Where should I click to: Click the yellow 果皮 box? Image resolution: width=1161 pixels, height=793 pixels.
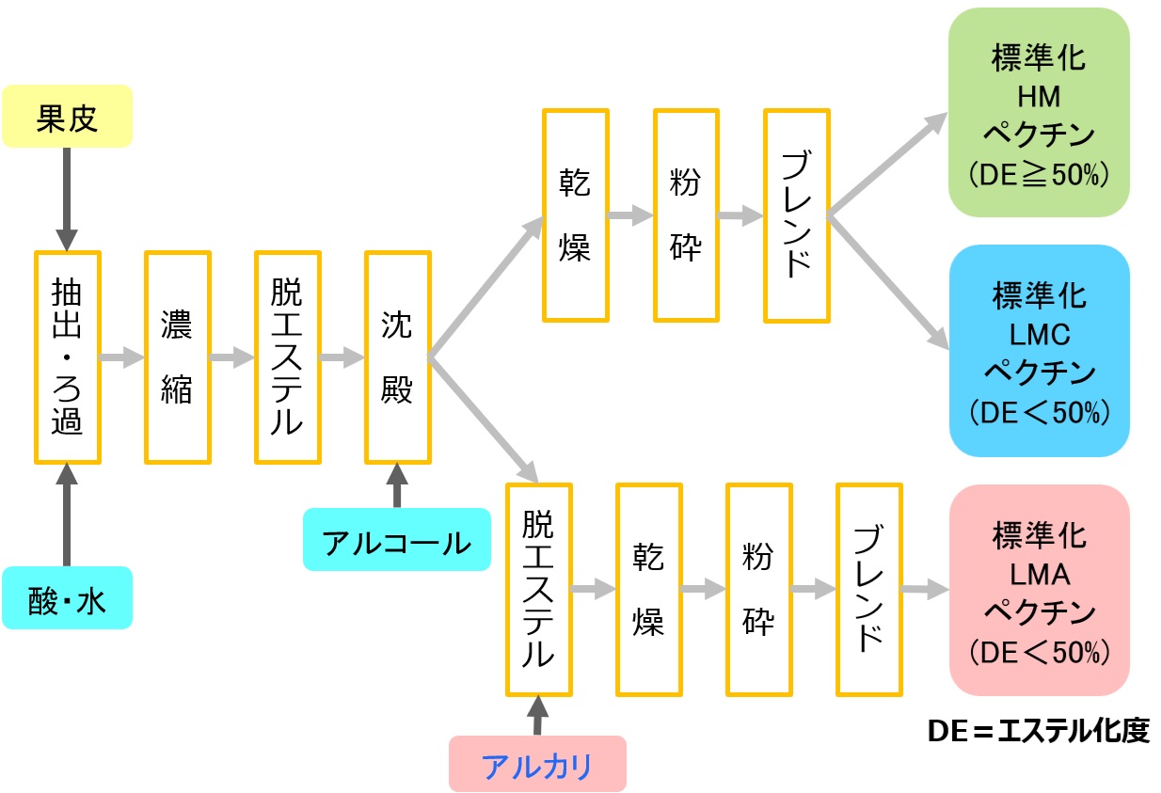coord(68,117)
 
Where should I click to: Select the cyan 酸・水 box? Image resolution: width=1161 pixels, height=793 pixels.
coord(68,598)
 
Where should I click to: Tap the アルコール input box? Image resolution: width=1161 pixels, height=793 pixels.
coord(396,540)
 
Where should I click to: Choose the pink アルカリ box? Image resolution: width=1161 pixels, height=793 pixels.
coord(537,764)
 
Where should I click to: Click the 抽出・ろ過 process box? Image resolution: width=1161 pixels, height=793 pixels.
coord(68,357)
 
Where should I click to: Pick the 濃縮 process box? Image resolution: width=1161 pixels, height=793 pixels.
coord(177,357)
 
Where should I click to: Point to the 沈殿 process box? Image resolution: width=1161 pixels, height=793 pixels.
coord(397,357)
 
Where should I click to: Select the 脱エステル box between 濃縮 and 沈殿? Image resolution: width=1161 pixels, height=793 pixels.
coord(286,357)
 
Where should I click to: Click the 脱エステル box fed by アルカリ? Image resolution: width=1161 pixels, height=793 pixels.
coord(538,590)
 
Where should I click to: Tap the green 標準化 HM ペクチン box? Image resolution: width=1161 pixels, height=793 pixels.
coord(1039,113)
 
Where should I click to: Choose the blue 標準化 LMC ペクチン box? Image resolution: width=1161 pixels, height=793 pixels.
coord(1039,350)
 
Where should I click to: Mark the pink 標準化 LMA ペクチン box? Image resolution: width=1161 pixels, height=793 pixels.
coord(1039,590)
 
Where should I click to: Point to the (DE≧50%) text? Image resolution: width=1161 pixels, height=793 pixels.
coord(1039,175)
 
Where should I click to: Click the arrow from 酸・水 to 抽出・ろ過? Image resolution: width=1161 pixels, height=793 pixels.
coord(67,513)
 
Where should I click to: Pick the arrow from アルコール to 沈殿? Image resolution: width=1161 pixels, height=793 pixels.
coord(396,485)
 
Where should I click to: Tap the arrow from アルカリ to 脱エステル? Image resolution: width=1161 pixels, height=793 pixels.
coord(537,715)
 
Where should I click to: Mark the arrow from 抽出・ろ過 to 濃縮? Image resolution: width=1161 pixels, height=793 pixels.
coord(121,357)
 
